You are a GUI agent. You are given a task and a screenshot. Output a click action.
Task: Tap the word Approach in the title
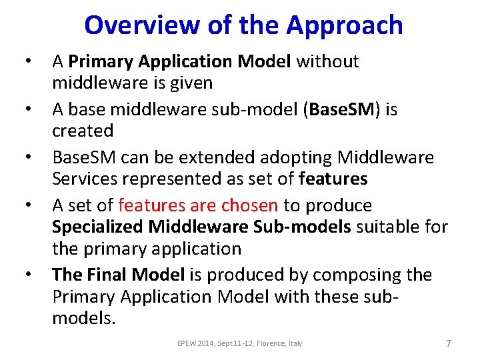click(345, 25)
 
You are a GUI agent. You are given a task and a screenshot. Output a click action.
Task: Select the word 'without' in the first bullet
click(327, 61)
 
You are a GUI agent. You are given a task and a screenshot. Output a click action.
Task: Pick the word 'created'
click(83, 130)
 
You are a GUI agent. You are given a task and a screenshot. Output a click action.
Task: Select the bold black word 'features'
click(333, 179)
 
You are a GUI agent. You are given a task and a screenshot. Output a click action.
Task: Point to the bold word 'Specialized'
click(97, 227)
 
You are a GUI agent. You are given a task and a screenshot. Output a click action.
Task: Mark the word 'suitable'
click(389, 227)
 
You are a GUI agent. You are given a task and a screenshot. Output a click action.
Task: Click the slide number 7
click(448, 343)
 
